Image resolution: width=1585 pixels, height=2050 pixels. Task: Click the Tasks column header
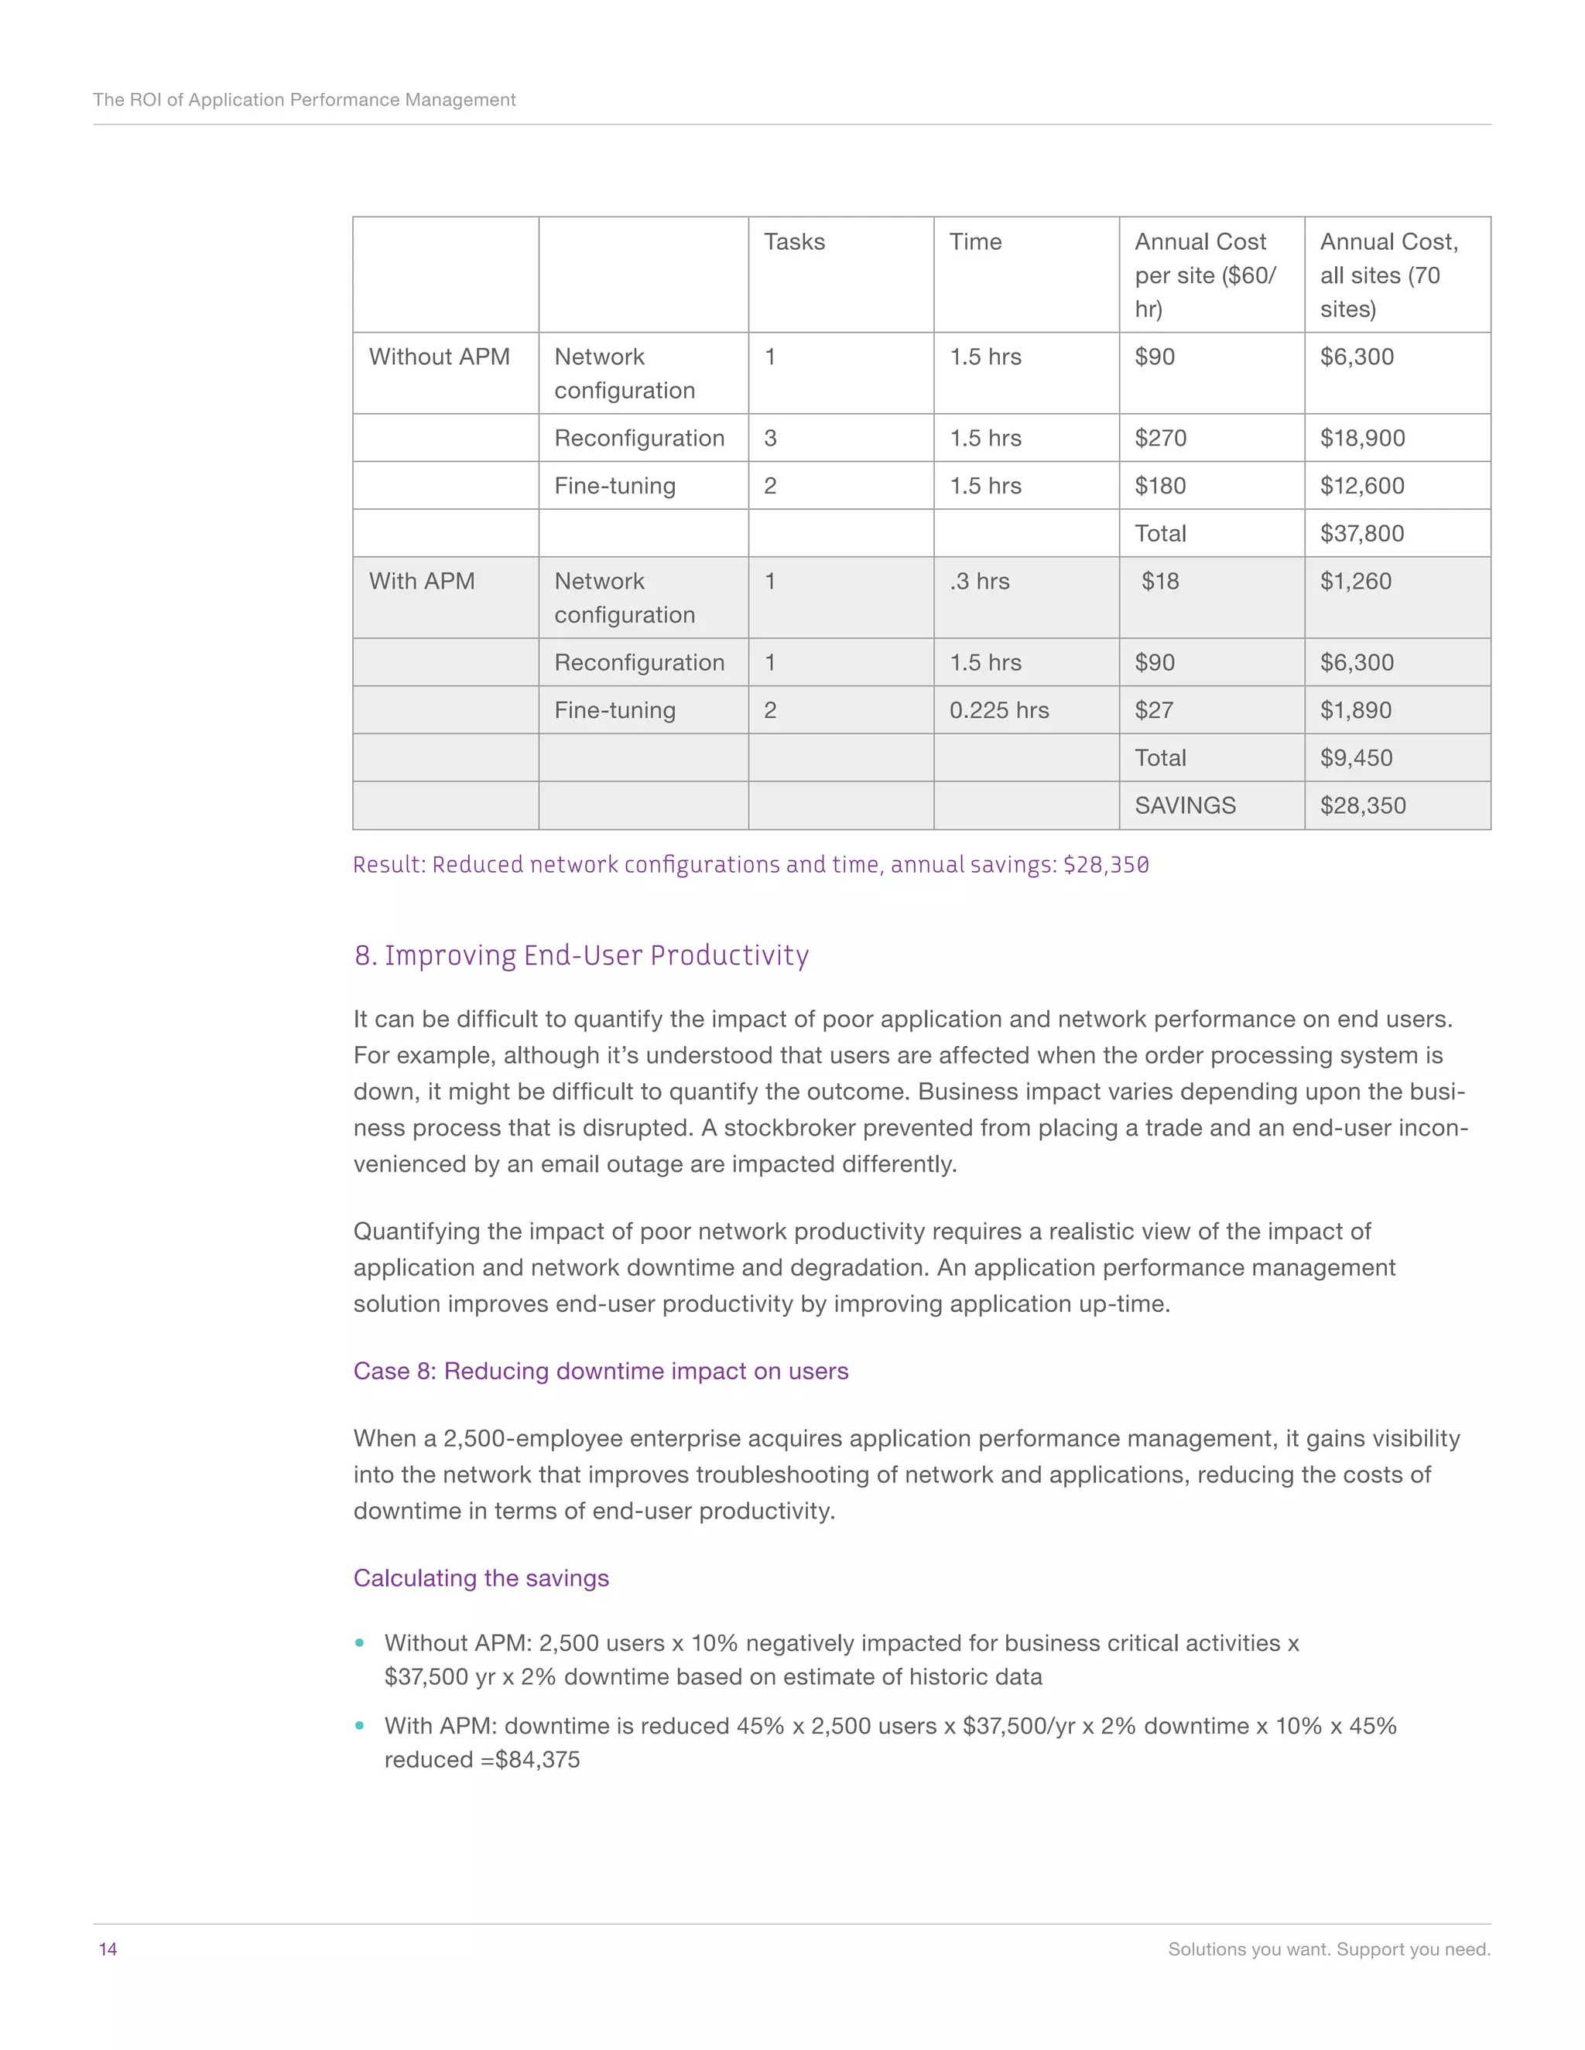tap(793, 242)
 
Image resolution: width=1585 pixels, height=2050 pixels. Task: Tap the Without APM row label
tap(439, 357)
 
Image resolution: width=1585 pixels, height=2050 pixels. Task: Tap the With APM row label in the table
tap(422, 581)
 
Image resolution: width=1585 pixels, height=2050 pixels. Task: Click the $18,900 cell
tap(1361, 439)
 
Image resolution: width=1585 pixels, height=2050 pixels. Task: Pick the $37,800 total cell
tap(1361, 533)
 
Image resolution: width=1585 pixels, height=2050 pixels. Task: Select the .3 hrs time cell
tap(978, 581)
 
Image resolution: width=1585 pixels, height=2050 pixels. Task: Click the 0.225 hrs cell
tap(998, 711)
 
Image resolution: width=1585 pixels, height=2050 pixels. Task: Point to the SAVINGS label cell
tap(1184, 805)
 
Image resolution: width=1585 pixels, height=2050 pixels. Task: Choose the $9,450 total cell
tap(1356, 757)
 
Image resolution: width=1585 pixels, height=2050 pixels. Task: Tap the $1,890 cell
tap(1355, 711)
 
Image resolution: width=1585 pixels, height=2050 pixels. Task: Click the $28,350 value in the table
tap(1361, 805)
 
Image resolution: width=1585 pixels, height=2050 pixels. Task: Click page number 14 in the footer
tap(108, 1949)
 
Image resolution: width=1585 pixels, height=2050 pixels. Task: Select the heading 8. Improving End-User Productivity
tap(581, 955)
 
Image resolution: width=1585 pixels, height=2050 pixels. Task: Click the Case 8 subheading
tap(600, 1372)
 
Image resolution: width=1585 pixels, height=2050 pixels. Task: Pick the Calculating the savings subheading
tap(481, 1578)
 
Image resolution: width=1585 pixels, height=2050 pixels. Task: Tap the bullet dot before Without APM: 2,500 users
tap(360, 1642)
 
